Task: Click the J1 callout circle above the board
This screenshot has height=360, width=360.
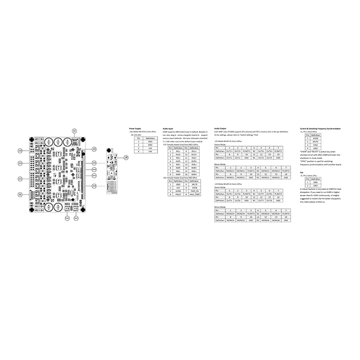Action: (74, 130)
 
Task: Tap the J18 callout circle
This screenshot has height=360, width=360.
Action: (20, 151)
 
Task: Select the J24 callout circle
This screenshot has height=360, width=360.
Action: (20, 163)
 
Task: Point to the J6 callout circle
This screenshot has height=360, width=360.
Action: (20, 194)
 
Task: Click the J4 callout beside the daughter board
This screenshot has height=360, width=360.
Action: (126, 157)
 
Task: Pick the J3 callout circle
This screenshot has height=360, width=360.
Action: (94, 149)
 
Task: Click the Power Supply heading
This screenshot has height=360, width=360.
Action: (135, 129)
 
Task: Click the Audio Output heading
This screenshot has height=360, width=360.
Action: (220, 129)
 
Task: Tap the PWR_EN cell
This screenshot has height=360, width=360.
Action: (194, 191)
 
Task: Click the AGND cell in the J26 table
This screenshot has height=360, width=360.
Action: (178, 191)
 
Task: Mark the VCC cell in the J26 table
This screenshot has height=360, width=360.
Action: (178, 188)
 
